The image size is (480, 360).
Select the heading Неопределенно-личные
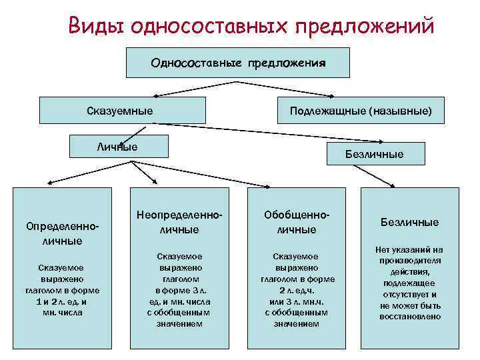point(179,223)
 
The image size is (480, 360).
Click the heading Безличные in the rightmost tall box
point(409,222)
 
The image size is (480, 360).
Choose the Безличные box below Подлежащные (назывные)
point(374,154)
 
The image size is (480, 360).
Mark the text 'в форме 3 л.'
point(179,290)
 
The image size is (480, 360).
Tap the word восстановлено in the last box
point(410,316)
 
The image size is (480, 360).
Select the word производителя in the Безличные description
point(410,261)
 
